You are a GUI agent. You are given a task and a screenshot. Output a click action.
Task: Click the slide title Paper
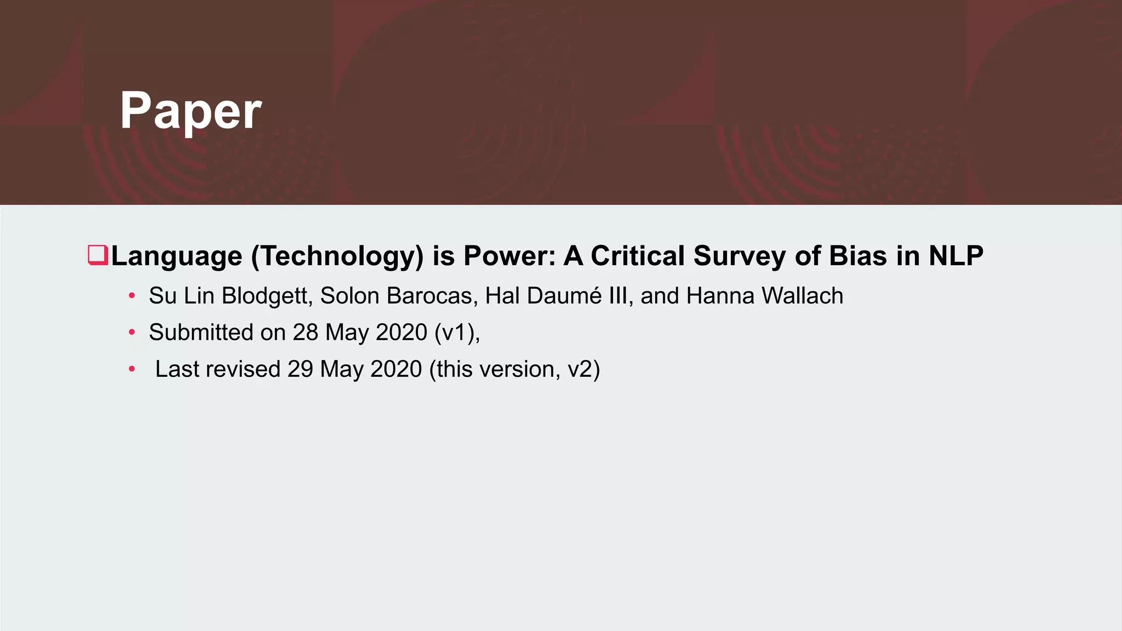(x=191, y=111)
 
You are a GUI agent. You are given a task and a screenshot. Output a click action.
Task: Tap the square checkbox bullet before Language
(x=98, y=256)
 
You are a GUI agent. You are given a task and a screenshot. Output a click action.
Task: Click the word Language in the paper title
(x=176, y=256)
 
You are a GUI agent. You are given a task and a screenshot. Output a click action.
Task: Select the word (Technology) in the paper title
(x=337, y=256)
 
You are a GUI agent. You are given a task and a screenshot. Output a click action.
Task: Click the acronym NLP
(x=956, y=256)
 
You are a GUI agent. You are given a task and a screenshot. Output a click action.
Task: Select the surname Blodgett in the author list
(x=267, y=296)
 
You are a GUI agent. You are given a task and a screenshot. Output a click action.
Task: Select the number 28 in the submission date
(x=305, y=332)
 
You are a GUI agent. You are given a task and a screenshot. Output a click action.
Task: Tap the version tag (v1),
(x=457, y=332)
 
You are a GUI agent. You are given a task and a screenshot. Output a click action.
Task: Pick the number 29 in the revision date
(x=300, y=369)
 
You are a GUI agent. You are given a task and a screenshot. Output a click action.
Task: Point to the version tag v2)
(x=584, y=369)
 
